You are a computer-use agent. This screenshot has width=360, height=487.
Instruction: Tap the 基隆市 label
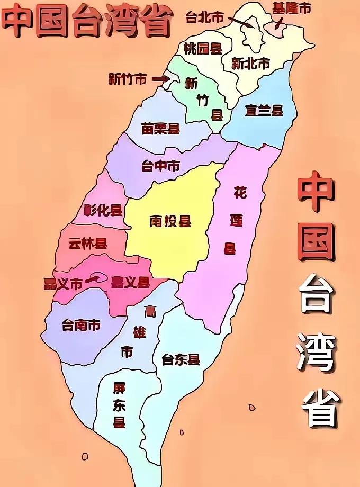pyautogui.click(x=291, y=8)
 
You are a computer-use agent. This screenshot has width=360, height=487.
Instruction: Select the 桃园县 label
pyautogui.click(x=202, y=49)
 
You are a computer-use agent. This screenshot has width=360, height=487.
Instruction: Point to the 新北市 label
pyautogui.click(x=251, y=63)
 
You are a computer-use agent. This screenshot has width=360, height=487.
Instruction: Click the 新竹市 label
pyautogui.click(x=127, y=79)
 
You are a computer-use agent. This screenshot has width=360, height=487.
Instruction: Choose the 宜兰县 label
pyautogui.click(x=264, y=110)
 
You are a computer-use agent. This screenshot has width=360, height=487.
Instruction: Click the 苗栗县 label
pyautogui.click(x=160, y=129)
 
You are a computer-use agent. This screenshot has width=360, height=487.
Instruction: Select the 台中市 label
pyautogui.click(x=160, y=166)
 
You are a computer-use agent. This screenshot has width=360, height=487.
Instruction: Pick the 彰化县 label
pyautogui.click(x=103, y=210)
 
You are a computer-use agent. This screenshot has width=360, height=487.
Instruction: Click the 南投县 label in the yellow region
pyautogui.click(x=170, y=221)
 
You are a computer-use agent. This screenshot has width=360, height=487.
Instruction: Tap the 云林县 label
pyautogui.click(x=87, y=243)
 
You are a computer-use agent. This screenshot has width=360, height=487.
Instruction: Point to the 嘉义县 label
pyautogui.click(x=130, y=282)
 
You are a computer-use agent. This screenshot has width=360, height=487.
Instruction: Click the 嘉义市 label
pyautogui.click(x=63, y=284)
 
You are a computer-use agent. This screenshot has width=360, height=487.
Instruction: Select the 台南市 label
pyautogui.click(x=80, y=324)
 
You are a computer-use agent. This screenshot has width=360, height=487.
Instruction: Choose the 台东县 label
pyautogui.click(x=181, y=360)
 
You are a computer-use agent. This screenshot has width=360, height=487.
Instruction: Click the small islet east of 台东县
pyautogui.click(x=252, y=407)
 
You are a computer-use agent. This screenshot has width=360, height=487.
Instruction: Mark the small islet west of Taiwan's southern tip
pyautogui.click(x=85, y=456)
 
